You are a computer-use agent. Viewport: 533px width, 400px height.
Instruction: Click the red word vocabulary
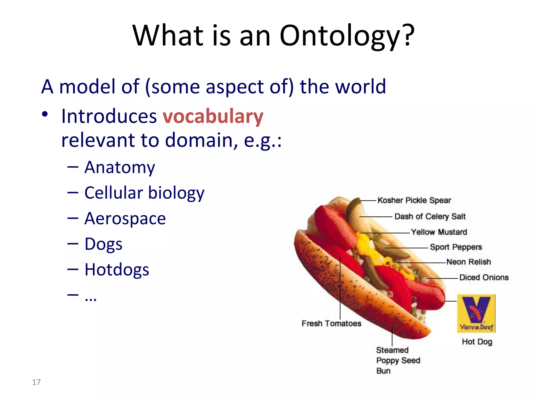tap(213, 116)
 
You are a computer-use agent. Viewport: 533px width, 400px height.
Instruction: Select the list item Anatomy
tap(120, 167)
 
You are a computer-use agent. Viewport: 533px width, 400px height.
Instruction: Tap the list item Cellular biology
tap(144, 193)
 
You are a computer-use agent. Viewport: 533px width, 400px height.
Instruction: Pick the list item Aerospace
tap(125, 218)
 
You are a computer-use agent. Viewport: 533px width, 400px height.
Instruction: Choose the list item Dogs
tap(103, 244)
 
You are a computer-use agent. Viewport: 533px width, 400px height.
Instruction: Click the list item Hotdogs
tap(117, 270)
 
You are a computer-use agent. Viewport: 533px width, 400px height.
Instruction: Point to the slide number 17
tap(36, 382)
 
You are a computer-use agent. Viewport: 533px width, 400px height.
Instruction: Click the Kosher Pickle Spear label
tap(414, 200)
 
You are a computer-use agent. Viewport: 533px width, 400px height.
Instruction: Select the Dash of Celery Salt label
tap(430, 216)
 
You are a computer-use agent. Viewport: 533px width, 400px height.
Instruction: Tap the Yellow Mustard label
tap(439, 232)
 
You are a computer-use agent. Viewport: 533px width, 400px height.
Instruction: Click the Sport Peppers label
tap(456, 247)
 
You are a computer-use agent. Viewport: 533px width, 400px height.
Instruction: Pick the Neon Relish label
tap(469, 262)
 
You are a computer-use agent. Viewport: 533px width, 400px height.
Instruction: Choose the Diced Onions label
tap(484, 277)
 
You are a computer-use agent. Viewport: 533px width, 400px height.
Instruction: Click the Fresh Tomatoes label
tap(331, 323)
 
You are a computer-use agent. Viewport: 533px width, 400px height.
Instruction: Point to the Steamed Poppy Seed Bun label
tap(398, 360)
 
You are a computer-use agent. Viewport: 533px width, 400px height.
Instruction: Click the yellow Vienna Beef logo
tap(476, 313)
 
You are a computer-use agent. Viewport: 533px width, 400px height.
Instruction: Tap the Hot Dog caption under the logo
tap(477, 342)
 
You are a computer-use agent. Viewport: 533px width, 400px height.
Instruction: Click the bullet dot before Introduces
tap(45, 114)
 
